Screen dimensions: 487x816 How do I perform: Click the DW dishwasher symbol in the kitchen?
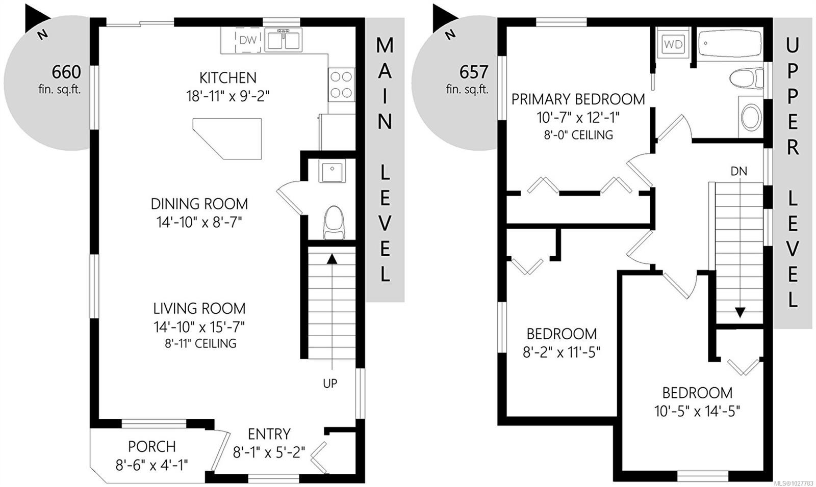(248, 40)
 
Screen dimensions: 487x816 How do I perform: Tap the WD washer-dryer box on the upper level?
(673, 44)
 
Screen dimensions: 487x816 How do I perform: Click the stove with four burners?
(341, 85)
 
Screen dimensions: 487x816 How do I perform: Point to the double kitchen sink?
(283, 40)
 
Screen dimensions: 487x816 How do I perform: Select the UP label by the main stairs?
(330, 384)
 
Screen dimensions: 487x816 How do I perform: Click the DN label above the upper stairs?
(738, 172)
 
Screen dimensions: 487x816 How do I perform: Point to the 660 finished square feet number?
(66, 72)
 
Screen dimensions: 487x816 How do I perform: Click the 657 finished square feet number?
(474, 72)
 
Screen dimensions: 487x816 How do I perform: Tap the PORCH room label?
(151, 446)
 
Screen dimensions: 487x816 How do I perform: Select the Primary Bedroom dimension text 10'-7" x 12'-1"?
(578, 118)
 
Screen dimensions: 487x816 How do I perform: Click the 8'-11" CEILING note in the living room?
(200, 343)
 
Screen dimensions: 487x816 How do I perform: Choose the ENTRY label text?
(269, 434)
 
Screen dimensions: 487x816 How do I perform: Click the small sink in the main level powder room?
(332, 170)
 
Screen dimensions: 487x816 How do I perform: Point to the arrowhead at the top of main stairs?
(332, 259)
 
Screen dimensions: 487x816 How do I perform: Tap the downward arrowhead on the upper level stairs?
(739, 312)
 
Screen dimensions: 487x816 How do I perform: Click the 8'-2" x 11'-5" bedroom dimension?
(562, 352)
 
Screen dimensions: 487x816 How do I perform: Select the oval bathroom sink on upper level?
(750, 117)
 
